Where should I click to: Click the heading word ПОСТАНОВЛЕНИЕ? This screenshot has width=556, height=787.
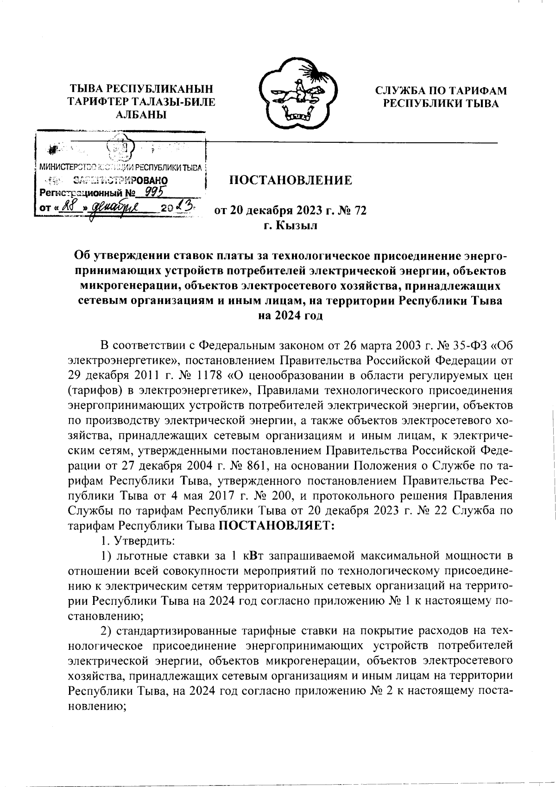(x=291, y=180)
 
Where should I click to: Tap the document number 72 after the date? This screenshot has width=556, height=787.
(x=360, y=211)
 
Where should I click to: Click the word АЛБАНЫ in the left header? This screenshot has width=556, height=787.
(x=141, y=114)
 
